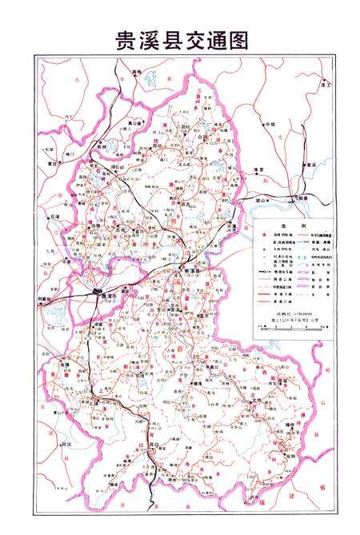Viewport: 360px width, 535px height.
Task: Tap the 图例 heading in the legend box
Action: [x=288, y=225]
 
